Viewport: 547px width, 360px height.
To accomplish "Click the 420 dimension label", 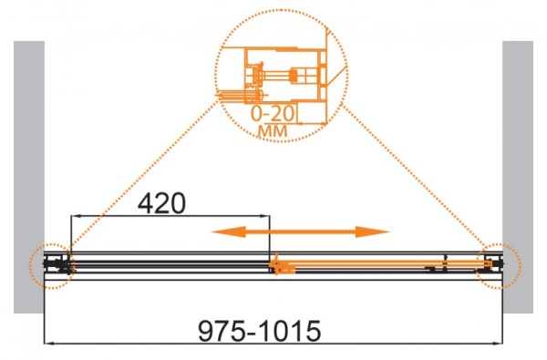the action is pos(161,203).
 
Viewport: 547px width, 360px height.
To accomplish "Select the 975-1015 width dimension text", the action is pos(259,331).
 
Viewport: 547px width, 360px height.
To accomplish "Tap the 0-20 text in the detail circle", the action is pos(273,113).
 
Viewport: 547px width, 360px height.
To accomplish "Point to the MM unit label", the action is pos(273,131).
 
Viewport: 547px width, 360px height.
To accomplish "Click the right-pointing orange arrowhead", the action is pos(372,231).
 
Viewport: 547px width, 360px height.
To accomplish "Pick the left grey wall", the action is pos(29,177).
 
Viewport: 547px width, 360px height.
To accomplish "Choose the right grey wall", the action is pos(518,177).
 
